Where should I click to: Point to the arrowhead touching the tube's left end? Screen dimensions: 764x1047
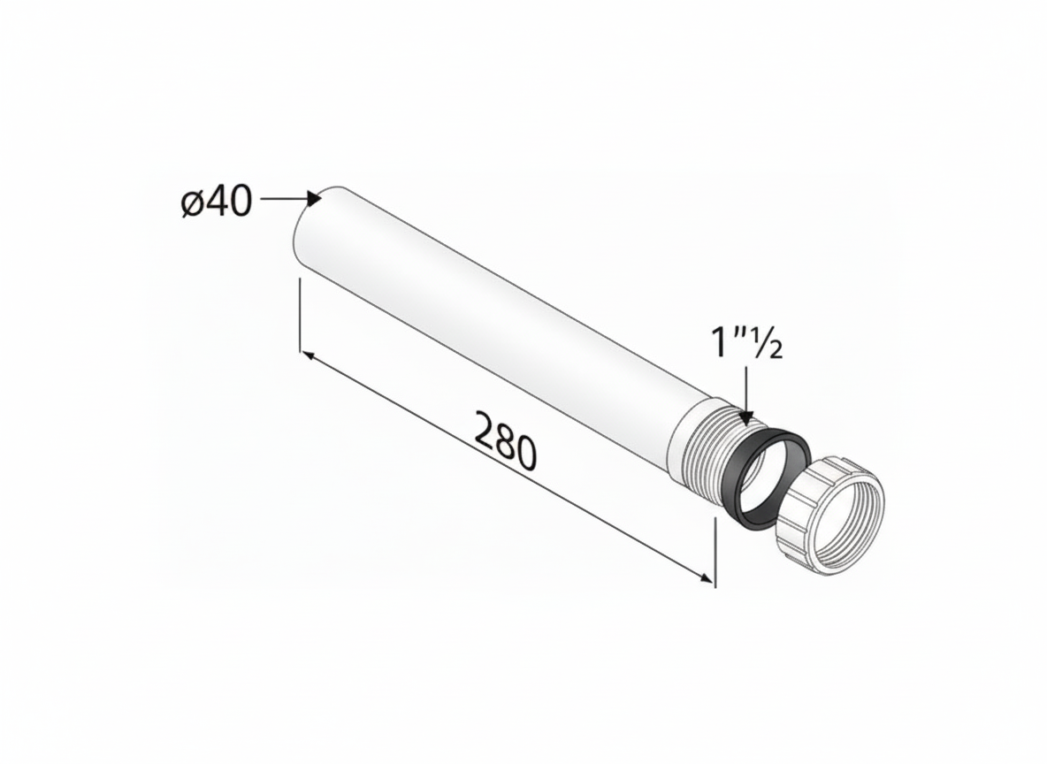click(314, 199)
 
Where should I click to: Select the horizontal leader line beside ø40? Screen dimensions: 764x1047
click(283, 199)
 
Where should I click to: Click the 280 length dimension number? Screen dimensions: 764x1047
click(505, 439)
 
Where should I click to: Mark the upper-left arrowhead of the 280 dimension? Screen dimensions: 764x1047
click(307, 355)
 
